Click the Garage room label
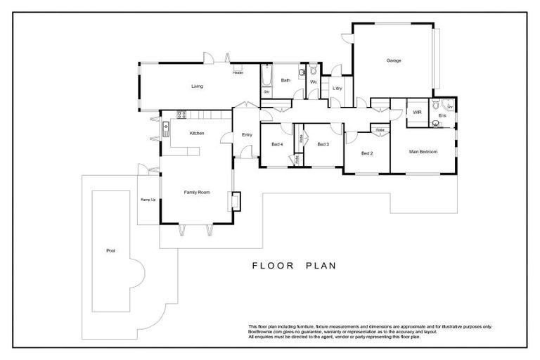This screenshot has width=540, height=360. point(393,60)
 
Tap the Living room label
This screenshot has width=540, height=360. point(197,86)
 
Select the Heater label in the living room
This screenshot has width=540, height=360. point(238,72)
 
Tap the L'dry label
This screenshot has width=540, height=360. point(337,88)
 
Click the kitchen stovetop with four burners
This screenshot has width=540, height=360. point(181,113)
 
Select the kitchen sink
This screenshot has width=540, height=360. point(166,128)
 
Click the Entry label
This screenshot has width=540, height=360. point(247,134)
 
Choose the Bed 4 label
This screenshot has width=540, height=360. point(277,144)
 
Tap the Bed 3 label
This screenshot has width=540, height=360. point(323,144)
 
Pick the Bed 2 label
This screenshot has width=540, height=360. point(366,153)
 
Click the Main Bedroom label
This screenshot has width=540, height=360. point(423,152)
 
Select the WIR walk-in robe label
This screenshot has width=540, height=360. point(416,112)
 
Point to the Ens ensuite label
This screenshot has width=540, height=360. point(442,115)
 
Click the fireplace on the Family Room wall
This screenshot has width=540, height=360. point(236,202)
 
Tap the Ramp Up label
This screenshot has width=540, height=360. point(148,200)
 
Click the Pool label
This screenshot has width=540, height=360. point(110,250)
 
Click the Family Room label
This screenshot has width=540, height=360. point(197,191)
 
